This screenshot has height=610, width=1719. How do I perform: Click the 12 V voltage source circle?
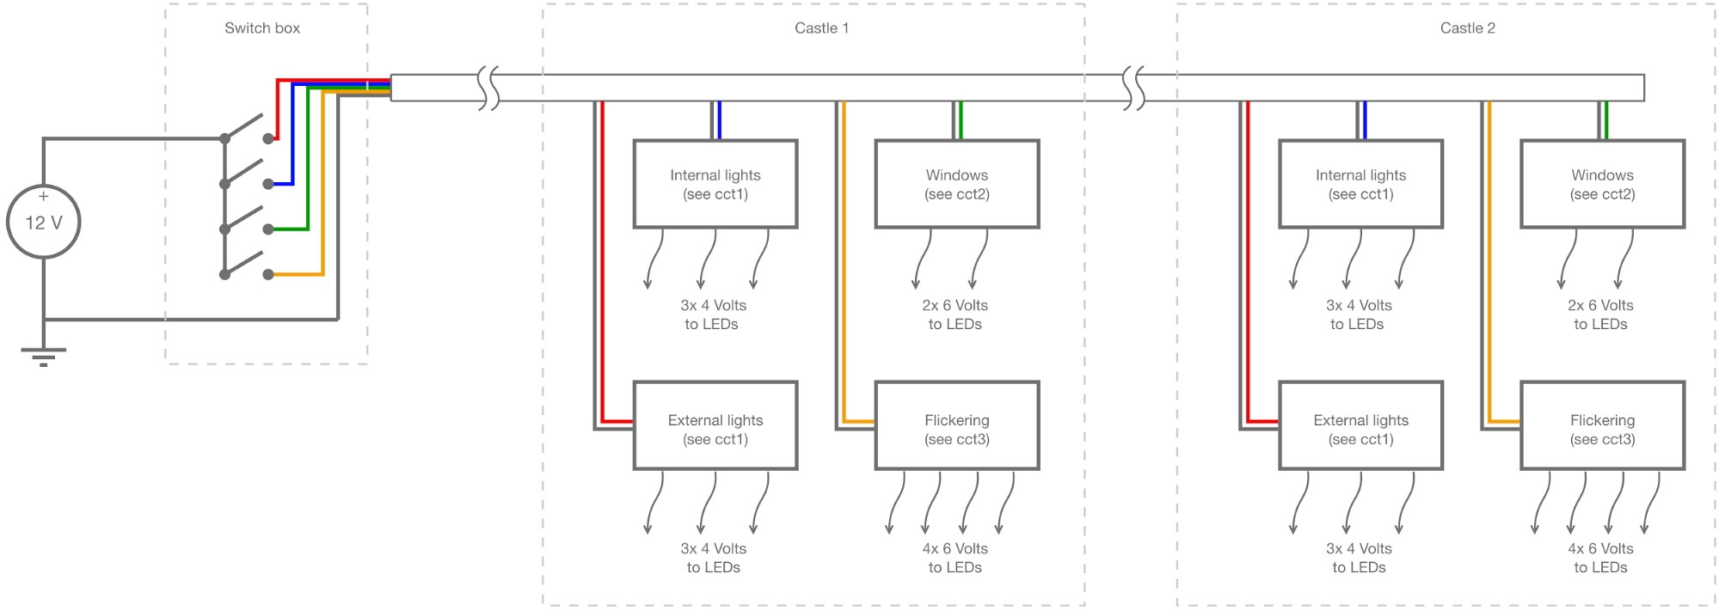[x=43, y=222]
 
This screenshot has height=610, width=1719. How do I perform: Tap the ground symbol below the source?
[x=43, y=356]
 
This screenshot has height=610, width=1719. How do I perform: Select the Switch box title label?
[x=262, y=28]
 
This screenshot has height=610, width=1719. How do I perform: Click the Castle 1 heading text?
[x=821, y=28]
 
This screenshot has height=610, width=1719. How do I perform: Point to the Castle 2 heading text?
[x=1467, y=28]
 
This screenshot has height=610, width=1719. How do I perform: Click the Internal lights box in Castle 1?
[x=715, y=184]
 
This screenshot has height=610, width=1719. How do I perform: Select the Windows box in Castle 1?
[x=956, y=184]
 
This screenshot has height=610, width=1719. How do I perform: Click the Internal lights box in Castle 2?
[x=1360, y=184]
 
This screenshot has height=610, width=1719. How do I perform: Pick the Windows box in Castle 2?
[x=1602, y=184]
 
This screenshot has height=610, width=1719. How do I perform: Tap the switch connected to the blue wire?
[x=246, y=172]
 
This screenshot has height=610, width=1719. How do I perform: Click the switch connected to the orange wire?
[x=246, y=263]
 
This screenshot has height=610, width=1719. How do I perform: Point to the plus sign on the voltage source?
[x=43, y=197]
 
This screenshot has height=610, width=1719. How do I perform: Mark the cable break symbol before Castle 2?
[x=1134, y=88]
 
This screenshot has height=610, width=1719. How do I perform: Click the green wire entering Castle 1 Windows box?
[x=961, y=120]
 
